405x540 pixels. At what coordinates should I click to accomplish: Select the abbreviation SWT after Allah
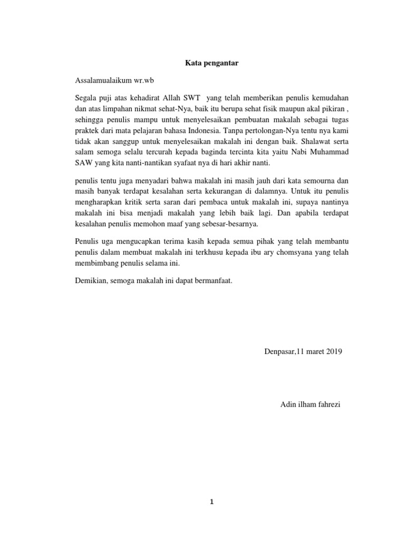coord(192,98)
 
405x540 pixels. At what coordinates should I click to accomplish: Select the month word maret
coord(311,351)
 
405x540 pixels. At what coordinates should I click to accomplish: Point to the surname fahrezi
coord(329,405)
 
